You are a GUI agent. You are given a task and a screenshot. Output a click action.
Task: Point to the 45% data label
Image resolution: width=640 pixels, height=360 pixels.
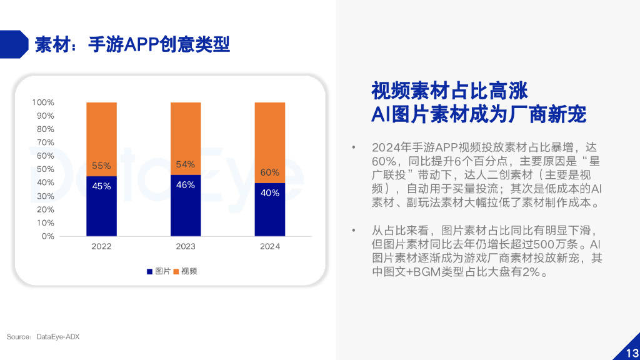click(x=101, y=186)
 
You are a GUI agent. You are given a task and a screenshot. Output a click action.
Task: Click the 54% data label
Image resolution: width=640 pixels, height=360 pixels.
click(x=186, y=164)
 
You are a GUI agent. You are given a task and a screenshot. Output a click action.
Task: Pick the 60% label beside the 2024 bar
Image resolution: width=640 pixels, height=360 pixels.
click(x=270, y=172)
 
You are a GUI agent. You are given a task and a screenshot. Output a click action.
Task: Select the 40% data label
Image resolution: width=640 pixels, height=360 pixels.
click(x=270, y=193)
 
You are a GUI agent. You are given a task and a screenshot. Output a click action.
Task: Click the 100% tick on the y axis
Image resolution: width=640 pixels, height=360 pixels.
click(x=43, y=102)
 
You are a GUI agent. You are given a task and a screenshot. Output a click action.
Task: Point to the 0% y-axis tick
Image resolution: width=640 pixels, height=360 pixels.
click(x=47, y=236)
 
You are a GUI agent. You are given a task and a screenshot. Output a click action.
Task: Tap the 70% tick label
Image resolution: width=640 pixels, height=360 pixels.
click(x=45, y=142)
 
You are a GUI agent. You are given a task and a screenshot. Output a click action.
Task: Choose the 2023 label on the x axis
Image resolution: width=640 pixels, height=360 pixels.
click(x=186, y=246)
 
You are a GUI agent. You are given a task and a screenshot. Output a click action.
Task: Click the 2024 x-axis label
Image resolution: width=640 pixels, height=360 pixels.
click(x=270, y=246)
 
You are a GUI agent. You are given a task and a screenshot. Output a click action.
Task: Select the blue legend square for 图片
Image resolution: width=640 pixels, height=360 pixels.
click(x=150, y=272)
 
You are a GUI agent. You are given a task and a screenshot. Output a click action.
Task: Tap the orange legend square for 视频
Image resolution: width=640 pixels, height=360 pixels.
click(x=177, y=272)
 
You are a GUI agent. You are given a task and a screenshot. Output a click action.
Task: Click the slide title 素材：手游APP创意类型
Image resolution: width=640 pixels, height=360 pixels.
click(x=132, y=44)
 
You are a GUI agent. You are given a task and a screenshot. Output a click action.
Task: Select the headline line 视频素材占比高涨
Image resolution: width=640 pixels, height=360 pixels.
click(x=449, y=91)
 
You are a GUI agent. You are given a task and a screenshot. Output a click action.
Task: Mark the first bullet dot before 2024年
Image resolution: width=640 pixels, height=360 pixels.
click(x=354, y=148)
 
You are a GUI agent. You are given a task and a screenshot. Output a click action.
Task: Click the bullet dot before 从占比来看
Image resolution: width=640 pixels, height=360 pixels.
click(x=354, y=231)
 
